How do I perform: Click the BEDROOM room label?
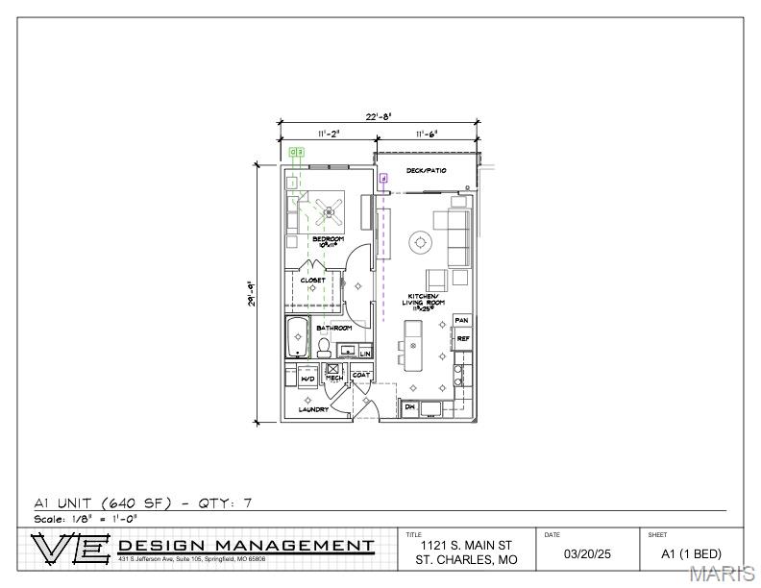[x=328, y=239]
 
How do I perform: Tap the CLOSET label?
[x=314, y=281]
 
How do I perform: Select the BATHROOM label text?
[x=334, y=329]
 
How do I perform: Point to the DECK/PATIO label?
[x=426, y=171]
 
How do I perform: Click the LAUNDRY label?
[x=313, y=409]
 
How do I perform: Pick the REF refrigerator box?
[x=462, y=338]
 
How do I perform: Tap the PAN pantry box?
[x=462, y=320]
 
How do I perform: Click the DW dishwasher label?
[x=410, y=407]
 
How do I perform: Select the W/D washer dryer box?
[x=308, y=378]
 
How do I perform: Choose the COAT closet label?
[x=361, y=375]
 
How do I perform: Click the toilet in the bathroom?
[x=325, y=345]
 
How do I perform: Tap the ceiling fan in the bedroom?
[x=329, y=211]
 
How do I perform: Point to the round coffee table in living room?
[x=420, y=243]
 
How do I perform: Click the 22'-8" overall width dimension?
[x=378, y=117]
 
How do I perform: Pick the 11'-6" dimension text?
[x=428, y=134]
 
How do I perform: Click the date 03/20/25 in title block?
[x=587, y=554]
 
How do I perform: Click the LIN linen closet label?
[x=365, y=354]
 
